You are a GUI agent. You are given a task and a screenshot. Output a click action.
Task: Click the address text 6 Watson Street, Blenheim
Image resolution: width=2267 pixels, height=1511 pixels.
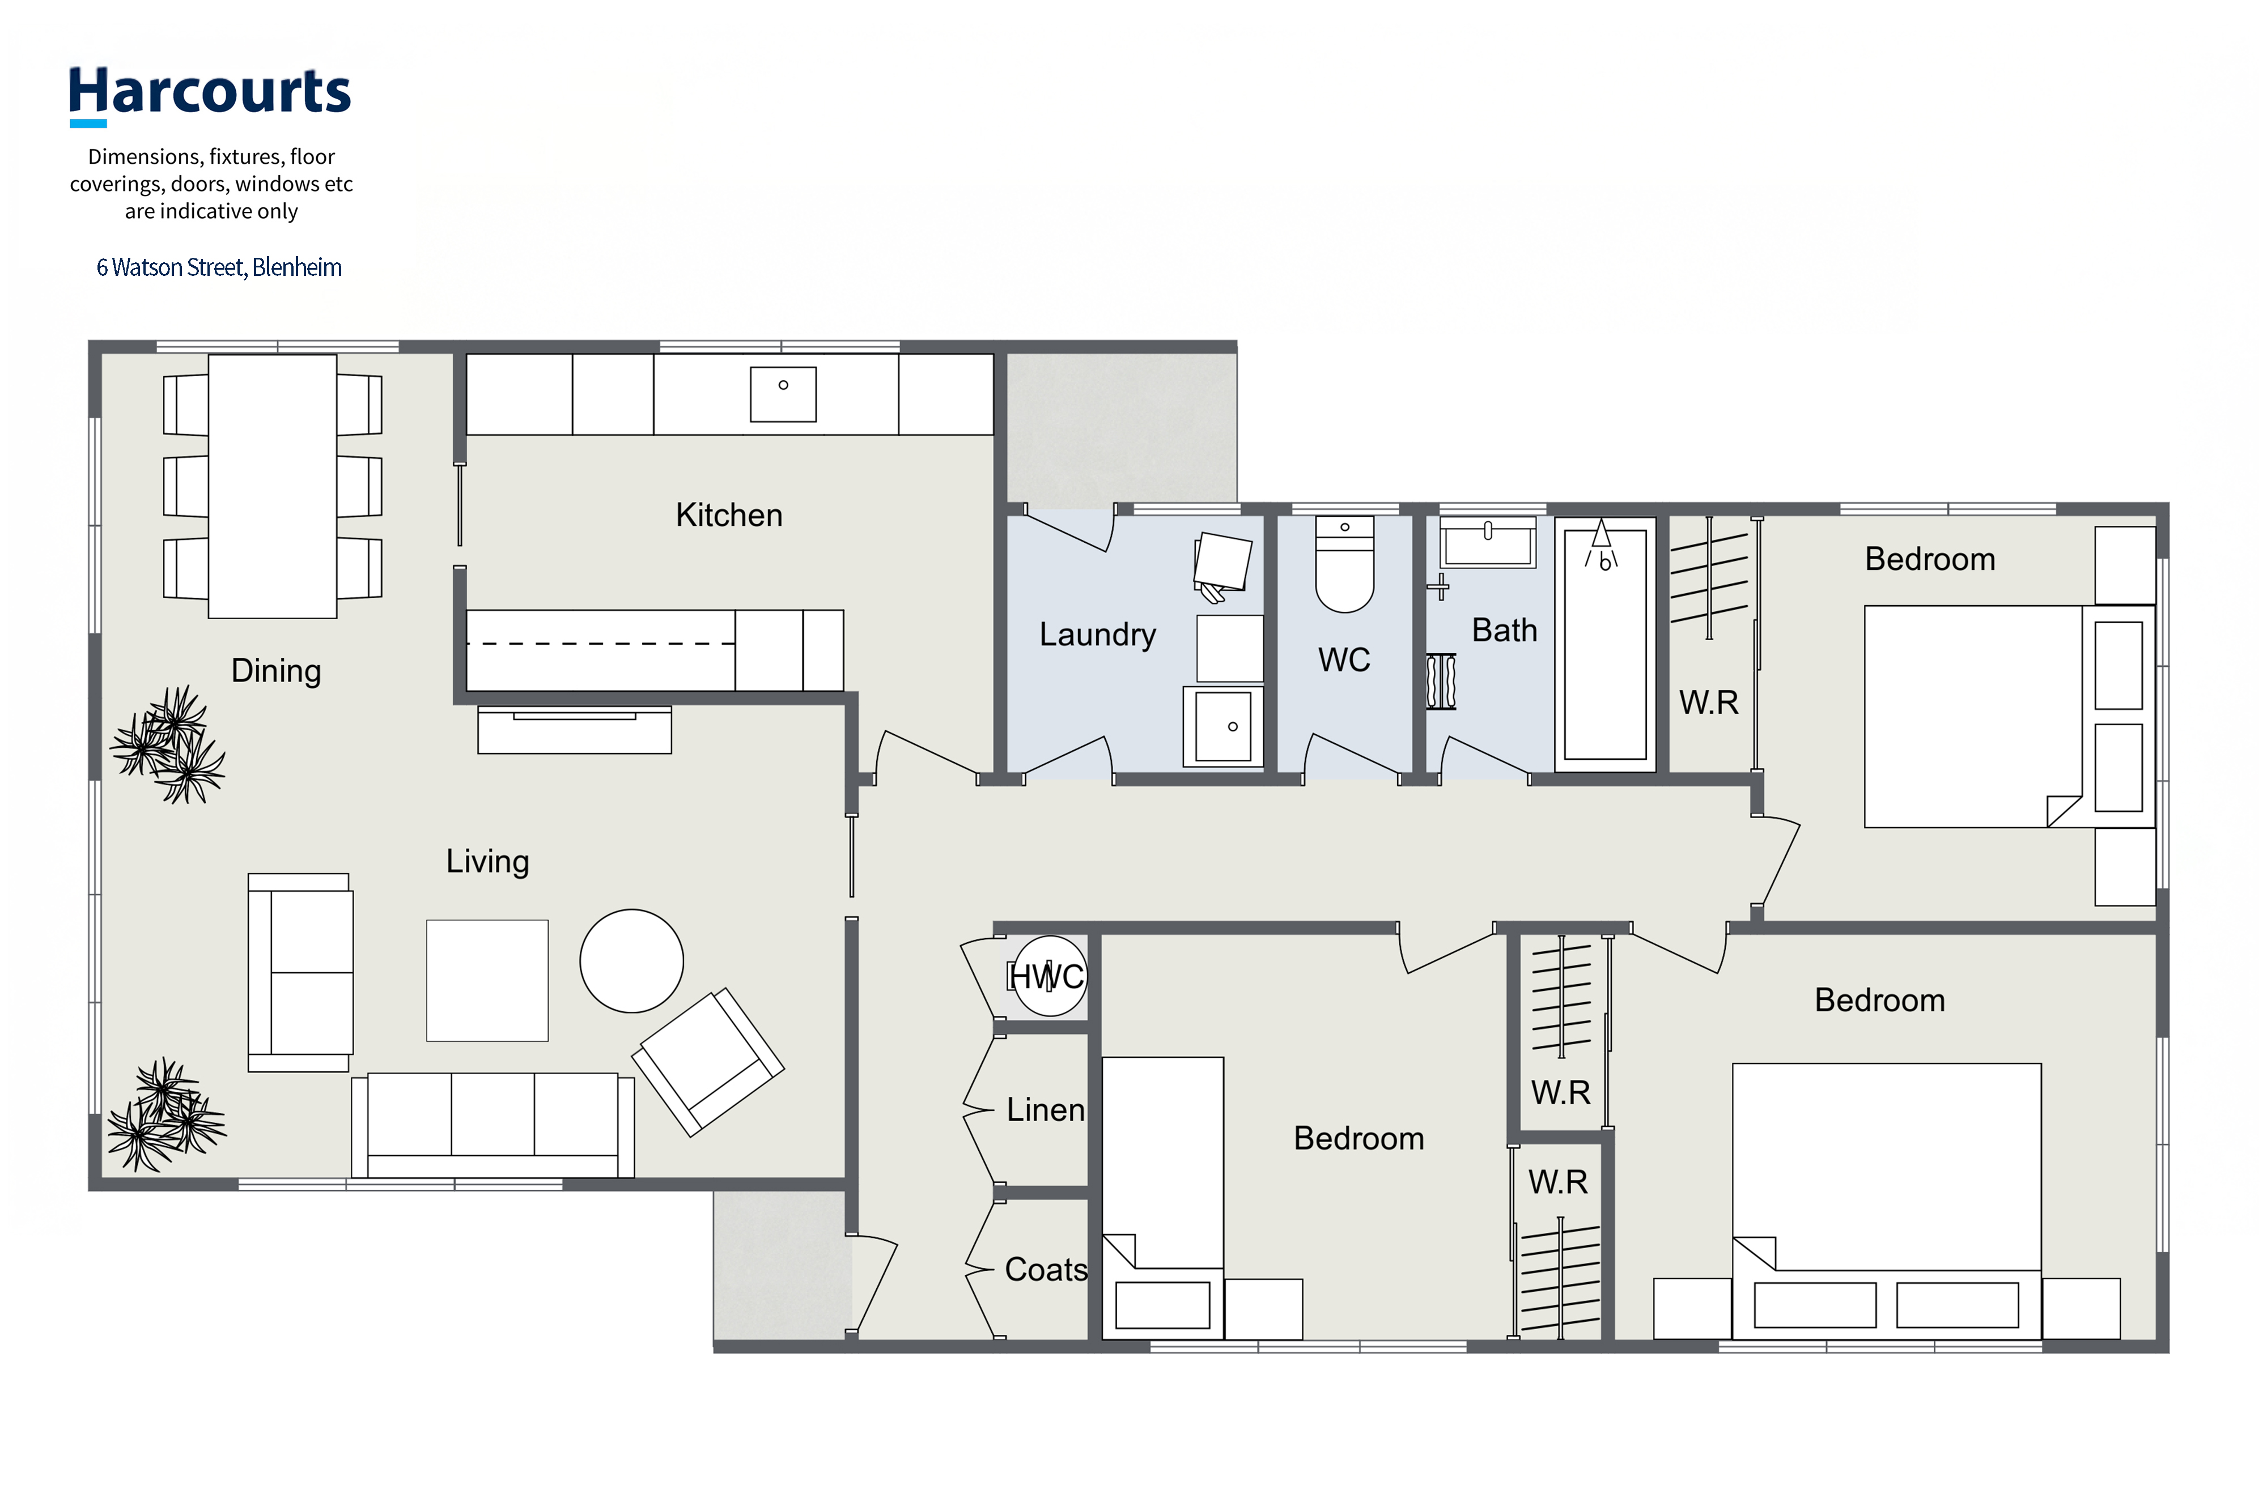click(219, 267)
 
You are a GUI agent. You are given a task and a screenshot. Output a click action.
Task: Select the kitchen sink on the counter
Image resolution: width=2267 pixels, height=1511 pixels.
click(783, 394)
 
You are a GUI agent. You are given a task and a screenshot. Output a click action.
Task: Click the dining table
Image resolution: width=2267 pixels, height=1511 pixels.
click(273, 486)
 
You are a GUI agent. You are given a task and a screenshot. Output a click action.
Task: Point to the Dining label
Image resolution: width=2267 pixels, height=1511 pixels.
click(275, 671)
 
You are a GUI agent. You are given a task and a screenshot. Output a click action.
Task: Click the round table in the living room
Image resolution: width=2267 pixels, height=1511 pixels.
click(631, 961)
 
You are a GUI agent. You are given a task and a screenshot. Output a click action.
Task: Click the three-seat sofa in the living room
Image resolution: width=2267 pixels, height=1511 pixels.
click(493, 1125)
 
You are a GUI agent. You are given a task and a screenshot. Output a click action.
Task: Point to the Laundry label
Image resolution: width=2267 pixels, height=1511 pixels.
click(1097, 634)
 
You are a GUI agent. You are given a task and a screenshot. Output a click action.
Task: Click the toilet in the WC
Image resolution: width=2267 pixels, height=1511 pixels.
click(1344, 565)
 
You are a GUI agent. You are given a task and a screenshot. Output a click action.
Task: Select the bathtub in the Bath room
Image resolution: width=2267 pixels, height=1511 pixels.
click(1605, 644)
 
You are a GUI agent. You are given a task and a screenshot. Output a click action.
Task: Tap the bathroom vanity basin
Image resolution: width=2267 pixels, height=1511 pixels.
click(1488, 542)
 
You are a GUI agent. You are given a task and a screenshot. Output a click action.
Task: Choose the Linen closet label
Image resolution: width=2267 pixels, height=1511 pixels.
click(1046, 1109)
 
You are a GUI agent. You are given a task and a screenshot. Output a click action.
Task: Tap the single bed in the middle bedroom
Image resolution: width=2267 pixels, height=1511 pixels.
click(1164, 1198)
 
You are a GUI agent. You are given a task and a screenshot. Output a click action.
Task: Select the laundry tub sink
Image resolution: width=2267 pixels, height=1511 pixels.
click(1223, 726)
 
